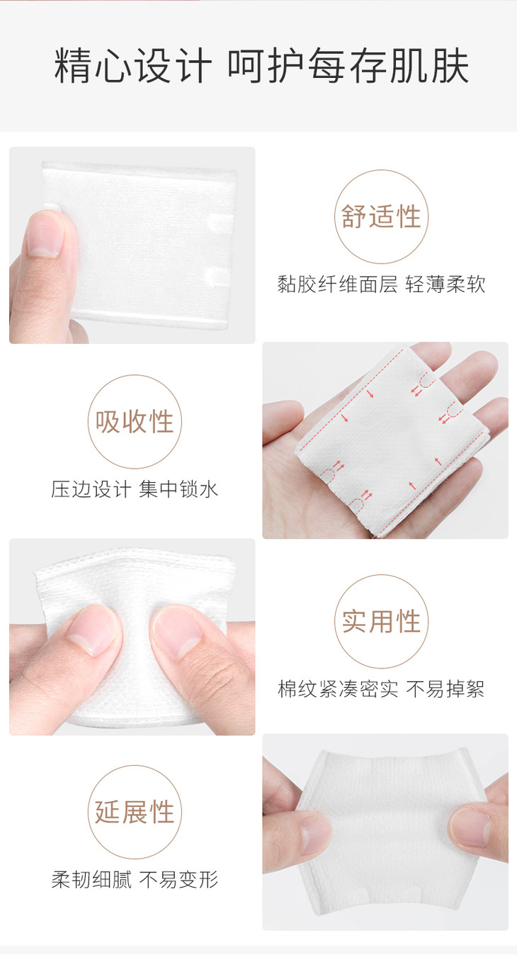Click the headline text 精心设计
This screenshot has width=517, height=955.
pyautogui.click(x=133, y=66)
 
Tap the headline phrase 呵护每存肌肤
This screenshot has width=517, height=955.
pyautogui.click(x=348, y=66)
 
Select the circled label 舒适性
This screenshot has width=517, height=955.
pyautogui.click(x=381, y=216)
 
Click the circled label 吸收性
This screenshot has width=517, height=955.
pyautogui.click(x=135, y=422)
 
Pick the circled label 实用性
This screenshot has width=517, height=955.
pyautogui.click(x=381, y=621)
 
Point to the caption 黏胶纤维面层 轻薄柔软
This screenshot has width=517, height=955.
pyautogui.click(x=381, y=284)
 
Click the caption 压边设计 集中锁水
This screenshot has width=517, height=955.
pyautogui.click(x=135, y=489)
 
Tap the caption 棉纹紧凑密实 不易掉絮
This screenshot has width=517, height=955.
pyautogui.click(x=381, y=688)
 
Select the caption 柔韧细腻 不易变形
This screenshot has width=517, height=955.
pyautogui.click(x=135, y=880)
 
